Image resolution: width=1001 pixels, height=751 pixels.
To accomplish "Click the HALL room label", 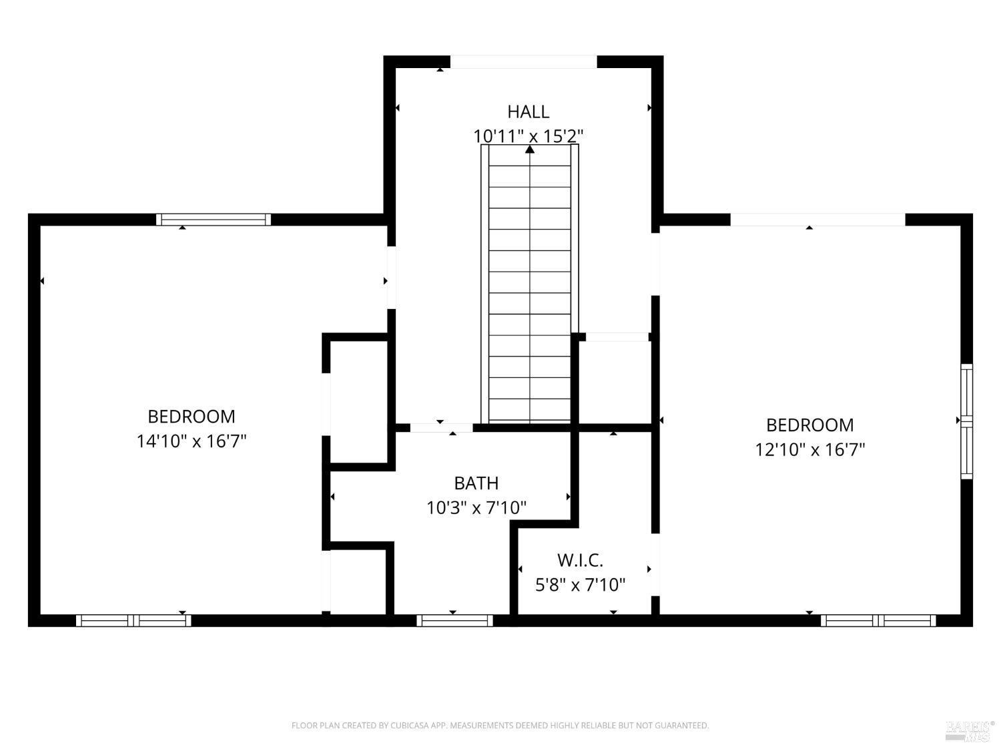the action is tap(528, 111).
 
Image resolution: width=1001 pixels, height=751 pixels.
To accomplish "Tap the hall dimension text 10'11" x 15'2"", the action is tap(528, 136).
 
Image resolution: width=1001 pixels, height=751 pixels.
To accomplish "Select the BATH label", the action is tap(476, 483).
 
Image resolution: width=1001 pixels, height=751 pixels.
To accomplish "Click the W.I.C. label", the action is tap(580, 560).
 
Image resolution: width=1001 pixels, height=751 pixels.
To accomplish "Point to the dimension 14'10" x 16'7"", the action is tap(192, 441).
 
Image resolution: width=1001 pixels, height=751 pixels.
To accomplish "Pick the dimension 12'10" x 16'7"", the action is tap(810, 449).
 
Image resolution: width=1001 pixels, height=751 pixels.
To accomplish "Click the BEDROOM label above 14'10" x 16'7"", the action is tap(192, 417).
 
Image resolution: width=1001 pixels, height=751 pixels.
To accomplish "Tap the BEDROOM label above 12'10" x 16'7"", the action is tap(810, 425).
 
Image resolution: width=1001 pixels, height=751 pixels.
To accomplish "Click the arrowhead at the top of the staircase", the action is tap(529, 149).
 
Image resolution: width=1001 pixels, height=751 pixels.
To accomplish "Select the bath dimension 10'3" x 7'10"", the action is tap(476, 507).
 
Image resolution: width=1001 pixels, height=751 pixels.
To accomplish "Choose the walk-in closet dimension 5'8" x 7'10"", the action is tap(580, 585).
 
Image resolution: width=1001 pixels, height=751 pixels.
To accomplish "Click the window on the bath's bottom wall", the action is tap(454, 621).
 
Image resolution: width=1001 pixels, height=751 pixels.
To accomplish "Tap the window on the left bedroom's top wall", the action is tap(214, 220).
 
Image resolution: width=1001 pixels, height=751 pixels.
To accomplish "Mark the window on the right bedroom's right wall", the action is tap(967, 422).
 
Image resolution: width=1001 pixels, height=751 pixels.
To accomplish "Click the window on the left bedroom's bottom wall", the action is tap(133, 621).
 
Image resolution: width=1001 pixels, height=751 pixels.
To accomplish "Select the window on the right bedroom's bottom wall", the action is tap(878, 621).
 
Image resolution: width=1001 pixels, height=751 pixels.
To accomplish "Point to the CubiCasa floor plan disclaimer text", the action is tap(500, 725).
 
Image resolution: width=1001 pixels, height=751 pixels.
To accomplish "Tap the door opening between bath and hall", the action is tap(442, 428).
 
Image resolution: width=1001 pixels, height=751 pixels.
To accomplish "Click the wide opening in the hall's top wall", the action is tap(524, 62).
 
